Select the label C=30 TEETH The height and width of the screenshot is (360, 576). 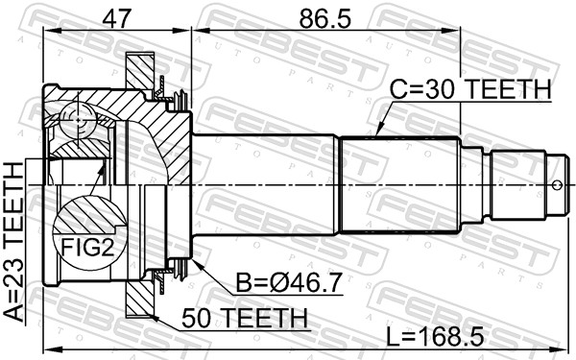pyautogui.click(x=470, y=89)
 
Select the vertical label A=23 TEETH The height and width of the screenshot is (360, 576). pyautogui.click(x=16, y=241)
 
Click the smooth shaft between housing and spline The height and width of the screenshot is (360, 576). pyautogui.click(x=269, y=182)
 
